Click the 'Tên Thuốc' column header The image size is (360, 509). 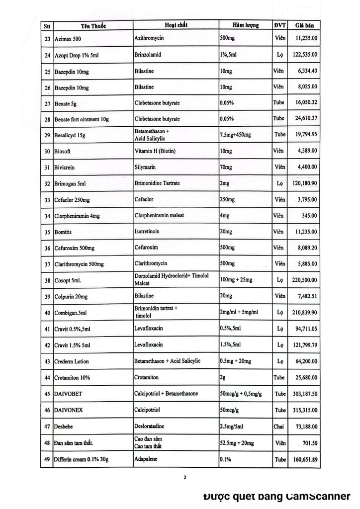click(x=92, y=25)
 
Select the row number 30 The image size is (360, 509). click(x=47, y=153)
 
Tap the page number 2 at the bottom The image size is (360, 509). click(x=184, y=479)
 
